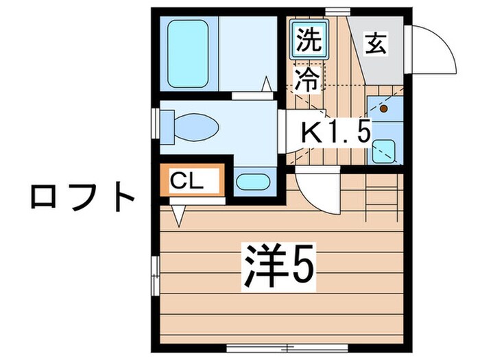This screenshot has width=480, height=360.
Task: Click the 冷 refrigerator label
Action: (x=308, y=80)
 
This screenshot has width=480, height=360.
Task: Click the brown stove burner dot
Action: (x=383, y=108)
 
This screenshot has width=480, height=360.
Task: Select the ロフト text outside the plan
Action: (x=82, y=197)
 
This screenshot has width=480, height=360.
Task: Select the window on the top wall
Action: (x=335, y=10)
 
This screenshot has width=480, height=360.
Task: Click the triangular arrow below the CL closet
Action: (x=178, y=215)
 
